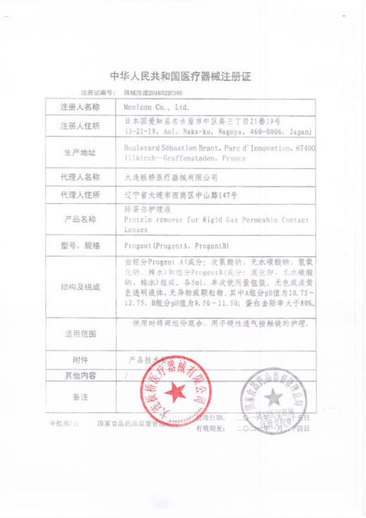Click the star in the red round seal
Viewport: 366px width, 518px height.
pos(172,389)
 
